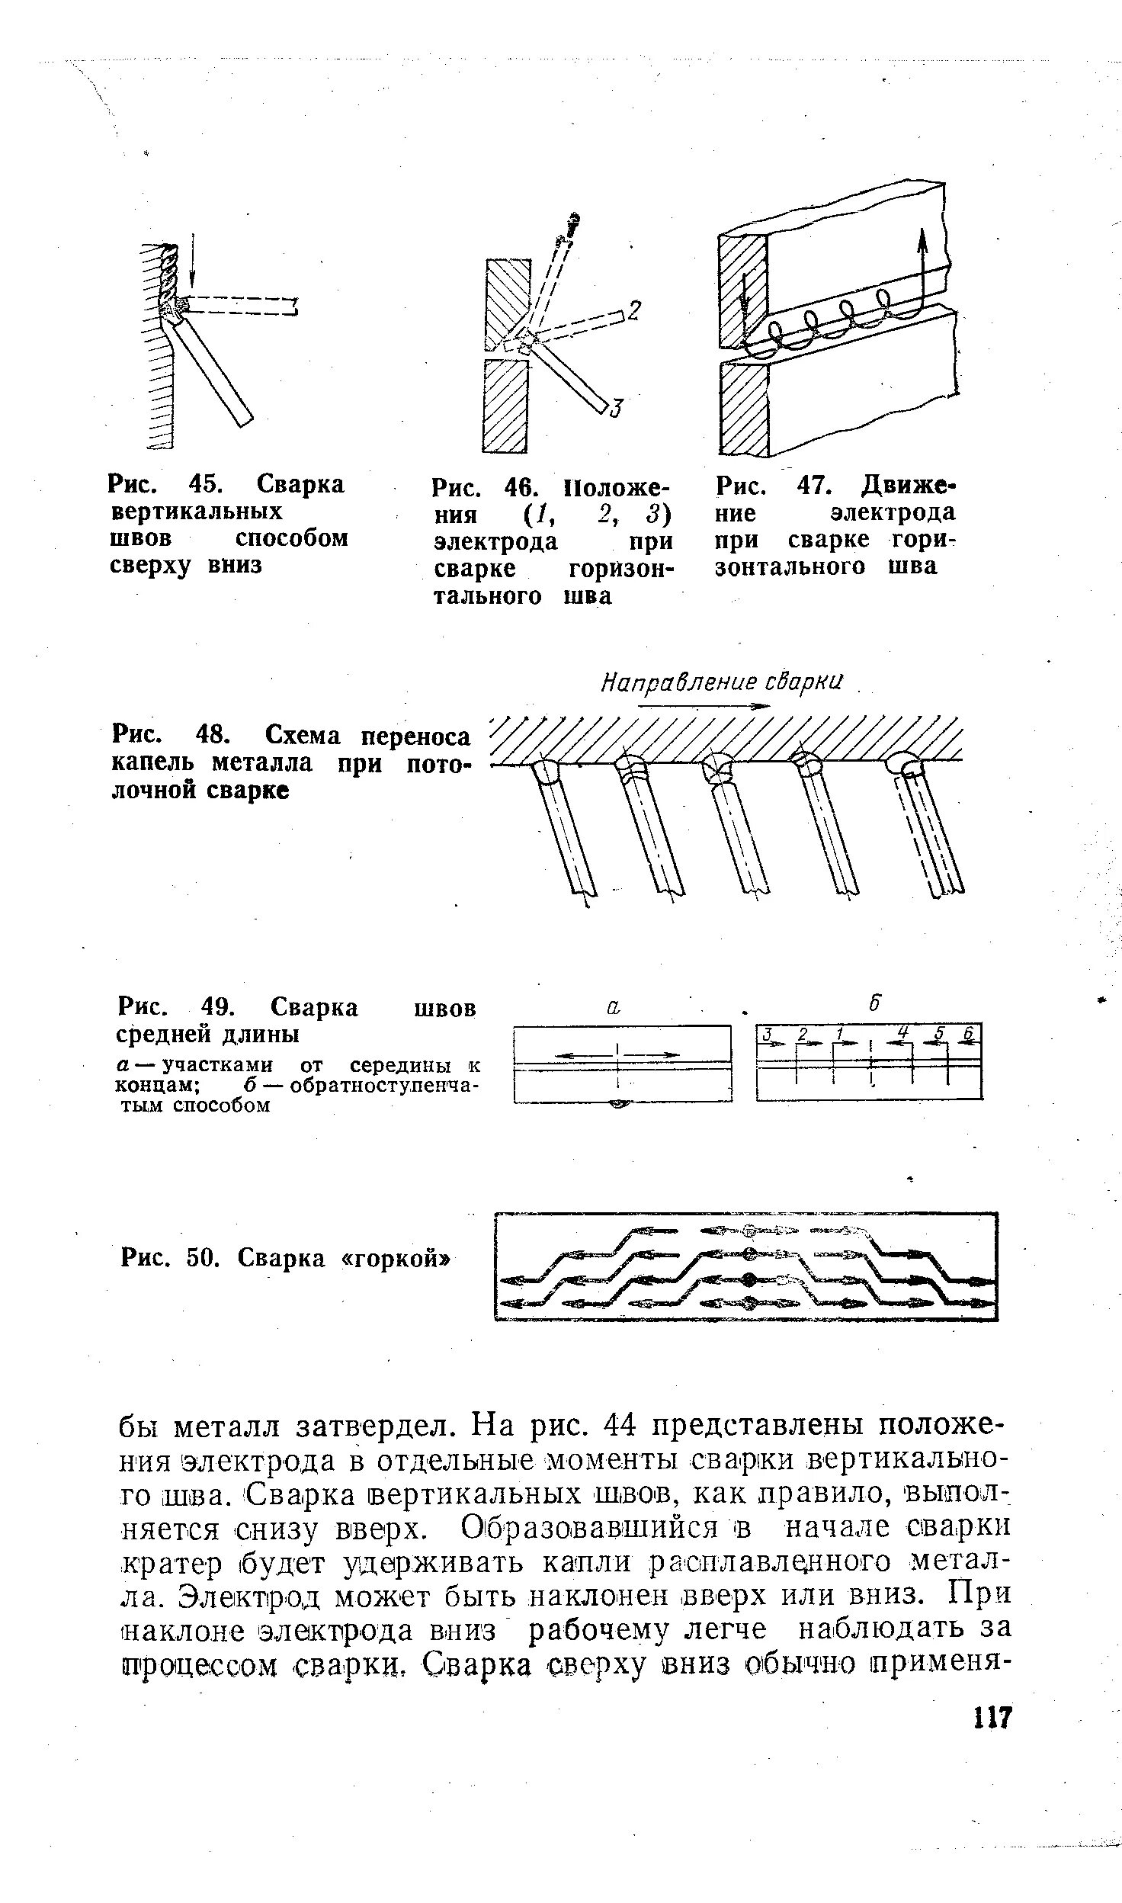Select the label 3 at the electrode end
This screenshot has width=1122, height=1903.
(x=616, y=409)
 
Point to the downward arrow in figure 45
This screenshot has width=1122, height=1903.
(x=193, y=271)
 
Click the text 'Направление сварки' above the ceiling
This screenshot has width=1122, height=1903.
(x=720, y=682)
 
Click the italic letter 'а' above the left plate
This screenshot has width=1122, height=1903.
(x=614, y=1006)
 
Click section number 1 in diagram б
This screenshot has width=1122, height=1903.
(x=838, y=1034)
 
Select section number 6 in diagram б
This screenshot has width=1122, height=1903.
(x=968, y=1034)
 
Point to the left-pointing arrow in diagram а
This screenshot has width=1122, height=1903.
(x=583, y=1055)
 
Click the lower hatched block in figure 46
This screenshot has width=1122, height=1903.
(x=505, y=405)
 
